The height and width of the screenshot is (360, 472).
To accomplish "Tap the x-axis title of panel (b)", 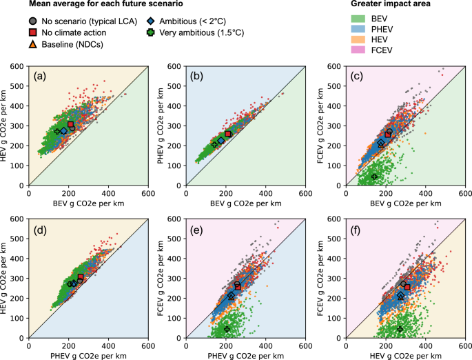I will [246, 203].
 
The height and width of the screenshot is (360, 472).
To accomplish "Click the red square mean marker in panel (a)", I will [70, 125].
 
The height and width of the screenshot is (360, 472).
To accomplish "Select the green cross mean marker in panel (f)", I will [400, 329].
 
